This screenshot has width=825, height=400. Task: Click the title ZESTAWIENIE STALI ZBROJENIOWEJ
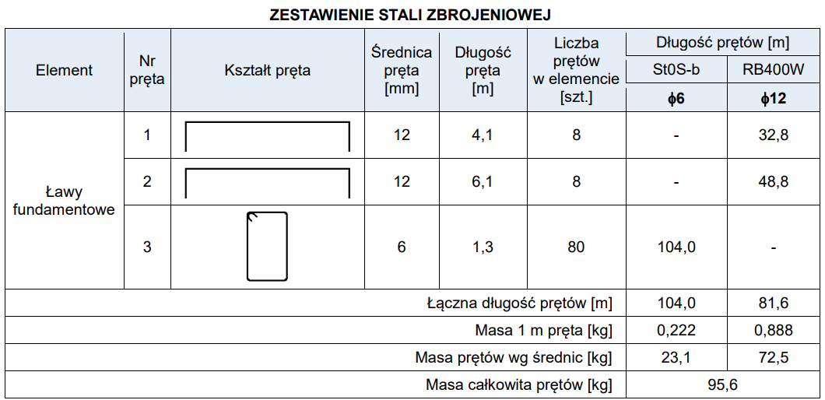click(412, 16)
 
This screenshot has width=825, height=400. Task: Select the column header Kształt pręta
click(267, 71)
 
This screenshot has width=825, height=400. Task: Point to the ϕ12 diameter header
click(773, 99)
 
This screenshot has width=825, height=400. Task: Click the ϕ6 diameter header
click(676, 99)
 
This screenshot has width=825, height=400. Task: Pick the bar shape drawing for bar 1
click(267, 136)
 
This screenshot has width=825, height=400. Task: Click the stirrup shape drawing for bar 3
click(267, 247)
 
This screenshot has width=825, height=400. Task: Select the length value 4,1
click(483, 135)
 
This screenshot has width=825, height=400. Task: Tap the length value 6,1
click(483, 182)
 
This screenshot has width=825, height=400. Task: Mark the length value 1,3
click(483, 247)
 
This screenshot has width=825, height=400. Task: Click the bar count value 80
click(576, 247)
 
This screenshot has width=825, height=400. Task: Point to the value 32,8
click(773, 135)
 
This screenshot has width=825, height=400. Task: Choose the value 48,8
click(773, 182)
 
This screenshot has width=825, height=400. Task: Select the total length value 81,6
click(773, 302)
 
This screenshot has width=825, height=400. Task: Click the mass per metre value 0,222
click(676, 330)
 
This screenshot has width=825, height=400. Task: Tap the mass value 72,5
click(773, 358)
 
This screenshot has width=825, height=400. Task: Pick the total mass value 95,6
click(724, 385)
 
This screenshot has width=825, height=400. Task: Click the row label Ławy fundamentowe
click(64, 201)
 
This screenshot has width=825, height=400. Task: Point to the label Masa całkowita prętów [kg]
click(518, 385)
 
